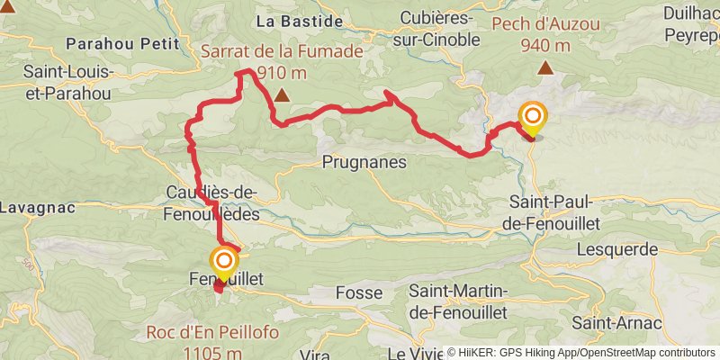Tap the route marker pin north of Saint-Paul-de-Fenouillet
coord(533,118)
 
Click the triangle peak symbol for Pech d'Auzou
coord(545,68)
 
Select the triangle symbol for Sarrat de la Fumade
coord(283,94)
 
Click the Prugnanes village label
coord(364,163)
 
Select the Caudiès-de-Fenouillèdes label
coord(212,202)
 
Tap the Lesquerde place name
coord(616,248)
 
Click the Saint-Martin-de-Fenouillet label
coord(458,301)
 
